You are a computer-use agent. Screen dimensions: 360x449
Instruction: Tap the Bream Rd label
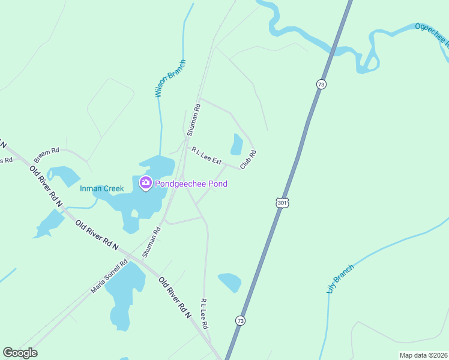coord(46,155)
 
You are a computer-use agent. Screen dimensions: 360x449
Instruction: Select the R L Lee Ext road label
coord(206,157)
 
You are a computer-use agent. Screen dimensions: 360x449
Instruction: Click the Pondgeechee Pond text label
coord(191,184)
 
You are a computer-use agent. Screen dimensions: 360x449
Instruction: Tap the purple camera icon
coord(145,183)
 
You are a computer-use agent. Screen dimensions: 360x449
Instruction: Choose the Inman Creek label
coord(102,188)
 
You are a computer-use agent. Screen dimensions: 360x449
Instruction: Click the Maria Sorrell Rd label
coord(110,276)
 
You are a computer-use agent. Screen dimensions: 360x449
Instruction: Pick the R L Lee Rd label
coord(204,313)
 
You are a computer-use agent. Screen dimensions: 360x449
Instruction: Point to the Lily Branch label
coord(340,278)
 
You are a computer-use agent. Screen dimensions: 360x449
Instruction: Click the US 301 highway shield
coord(282,203)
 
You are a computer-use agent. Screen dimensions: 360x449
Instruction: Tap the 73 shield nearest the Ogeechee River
coord(322,85)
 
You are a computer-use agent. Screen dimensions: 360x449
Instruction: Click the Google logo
coord(20,353)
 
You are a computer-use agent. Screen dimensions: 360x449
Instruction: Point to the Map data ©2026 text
coord(423,355)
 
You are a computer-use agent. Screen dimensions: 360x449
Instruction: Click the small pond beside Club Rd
coord(237,145)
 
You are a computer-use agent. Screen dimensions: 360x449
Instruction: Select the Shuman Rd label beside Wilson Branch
coord(196,118)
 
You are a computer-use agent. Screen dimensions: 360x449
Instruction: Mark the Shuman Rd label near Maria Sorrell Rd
coord(151,242)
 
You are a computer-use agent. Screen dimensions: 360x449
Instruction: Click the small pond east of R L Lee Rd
coord(230,282)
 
